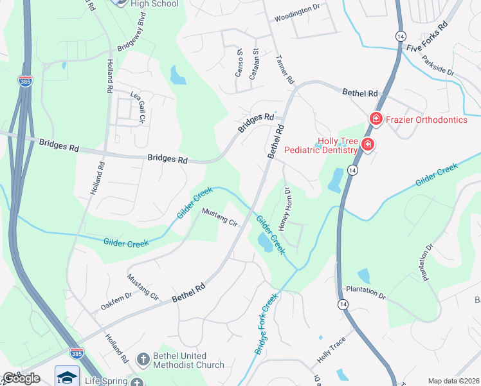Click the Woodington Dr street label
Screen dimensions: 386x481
coord(296,18)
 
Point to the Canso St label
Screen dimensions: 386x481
coord(239,62)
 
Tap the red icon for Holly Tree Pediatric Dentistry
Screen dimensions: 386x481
coord(367,145)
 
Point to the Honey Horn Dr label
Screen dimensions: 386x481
coord(284,208)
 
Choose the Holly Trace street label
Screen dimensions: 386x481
coord(331,351)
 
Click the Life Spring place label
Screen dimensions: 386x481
coord(105,381)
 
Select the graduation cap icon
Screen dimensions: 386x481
coord(67,377)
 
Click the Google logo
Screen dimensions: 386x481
coord(21,378)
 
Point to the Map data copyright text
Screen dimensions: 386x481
coord(453,381)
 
